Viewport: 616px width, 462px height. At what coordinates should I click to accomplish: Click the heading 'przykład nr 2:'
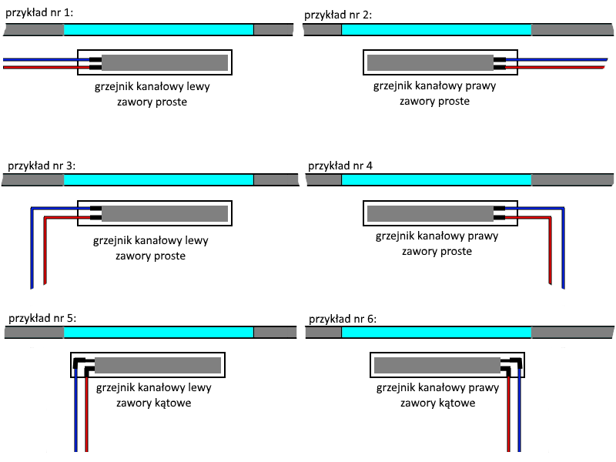[x=338, y=14]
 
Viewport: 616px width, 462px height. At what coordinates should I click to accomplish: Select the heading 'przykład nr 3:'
[x=41, y=166]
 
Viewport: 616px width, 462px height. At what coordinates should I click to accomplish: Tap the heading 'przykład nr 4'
[x=340, y=166]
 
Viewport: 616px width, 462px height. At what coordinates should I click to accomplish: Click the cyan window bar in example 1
[x=158, y=29]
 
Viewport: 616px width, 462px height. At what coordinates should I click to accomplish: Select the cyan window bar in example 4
[x=436, y=179]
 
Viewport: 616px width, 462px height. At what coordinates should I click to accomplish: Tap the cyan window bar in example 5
[x=158, y=332]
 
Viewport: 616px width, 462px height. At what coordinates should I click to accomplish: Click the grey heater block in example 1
[x=165, y=62]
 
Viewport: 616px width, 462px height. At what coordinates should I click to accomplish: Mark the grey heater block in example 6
[x=437, y=365]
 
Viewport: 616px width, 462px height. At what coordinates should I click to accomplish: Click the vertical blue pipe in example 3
[x=31, y=246]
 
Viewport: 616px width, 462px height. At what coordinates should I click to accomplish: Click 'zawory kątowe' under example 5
[x=154, y=403]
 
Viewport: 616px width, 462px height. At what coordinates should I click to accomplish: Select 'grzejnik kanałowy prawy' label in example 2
[x=435, y=85]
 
